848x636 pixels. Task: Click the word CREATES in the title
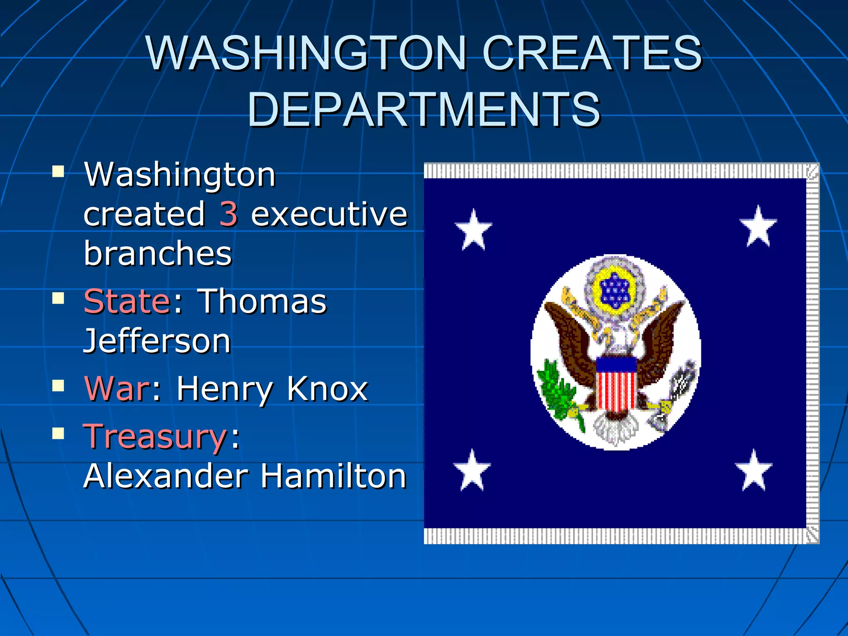click(592, 53)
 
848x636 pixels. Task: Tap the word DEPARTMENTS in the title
click(424, 109)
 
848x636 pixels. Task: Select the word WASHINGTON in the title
click(306, 53)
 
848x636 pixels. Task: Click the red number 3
click(228, 214)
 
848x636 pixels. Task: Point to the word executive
click(329, 214)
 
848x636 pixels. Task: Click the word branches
click(158, 253)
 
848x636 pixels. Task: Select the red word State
click(127, 301)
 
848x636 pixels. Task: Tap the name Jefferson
click(157, 341)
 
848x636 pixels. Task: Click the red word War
click(117, 389)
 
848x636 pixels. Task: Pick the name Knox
click(327, 389)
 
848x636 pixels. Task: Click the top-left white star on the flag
click(473, 230)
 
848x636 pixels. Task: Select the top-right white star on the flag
click(758, 227)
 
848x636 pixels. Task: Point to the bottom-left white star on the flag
click(472, 471)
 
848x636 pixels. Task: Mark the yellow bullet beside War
click(58, 386)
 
